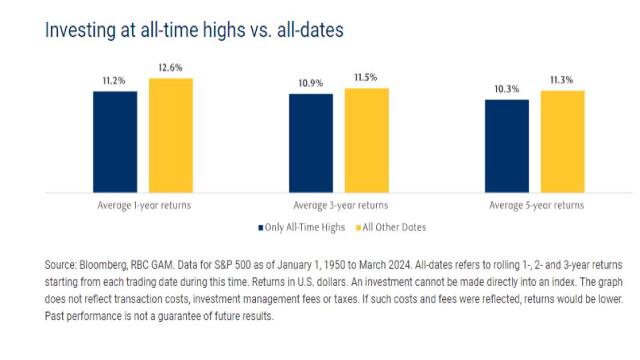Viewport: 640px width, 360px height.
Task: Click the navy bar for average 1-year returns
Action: point(115,142)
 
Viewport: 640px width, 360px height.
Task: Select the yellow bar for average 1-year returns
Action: point(171,135)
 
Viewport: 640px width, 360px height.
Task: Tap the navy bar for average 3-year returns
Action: point(311,143)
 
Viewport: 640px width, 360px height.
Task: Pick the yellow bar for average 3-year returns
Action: point(367,141)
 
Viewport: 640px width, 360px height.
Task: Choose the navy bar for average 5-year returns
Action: point(507,146)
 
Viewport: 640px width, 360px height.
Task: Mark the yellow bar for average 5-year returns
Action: point(563,141)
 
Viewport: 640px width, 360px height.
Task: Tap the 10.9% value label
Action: point(311,84)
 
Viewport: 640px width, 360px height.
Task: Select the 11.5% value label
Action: point(367,78)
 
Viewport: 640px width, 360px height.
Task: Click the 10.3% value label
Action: point(507,90)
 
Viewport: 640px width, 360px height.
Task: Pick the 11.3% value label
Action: point(563,81)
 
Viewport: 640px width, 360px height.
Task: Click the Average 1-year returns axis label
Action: point(143,205)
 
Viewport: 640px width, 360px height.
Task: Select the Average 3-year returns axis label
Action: point(340,205)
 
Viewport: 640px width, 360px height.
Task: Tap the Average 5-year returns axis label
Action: point(537,205)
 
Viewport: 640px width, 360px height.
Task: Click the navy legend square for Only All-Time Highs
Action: point(261,227)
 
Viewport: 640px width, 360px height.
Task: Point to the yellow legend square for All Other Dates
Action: point(358,227)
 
